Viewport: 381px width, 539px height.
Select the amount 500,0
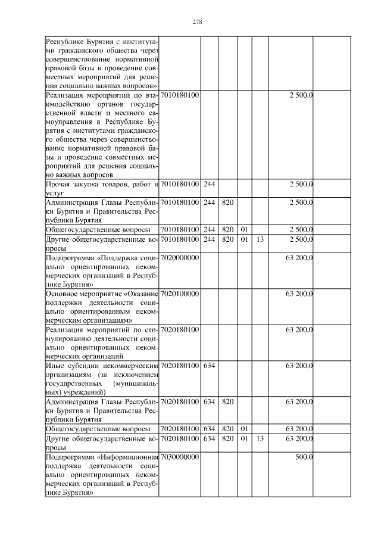click(304, 456)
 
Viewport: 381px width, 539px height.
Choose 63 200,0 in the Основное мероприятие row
click(299, 294)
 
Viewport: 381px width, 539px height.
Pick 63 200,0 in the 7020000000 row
click(299, 257)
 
